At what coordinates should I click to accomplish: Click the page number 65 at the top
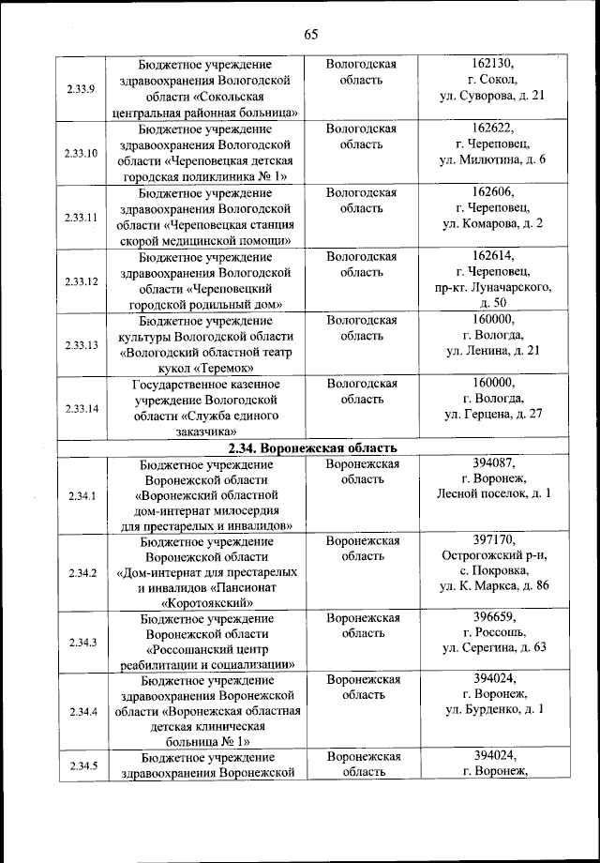point(310,35)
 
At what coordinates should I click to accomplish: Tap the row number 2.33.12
point(81,280)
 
